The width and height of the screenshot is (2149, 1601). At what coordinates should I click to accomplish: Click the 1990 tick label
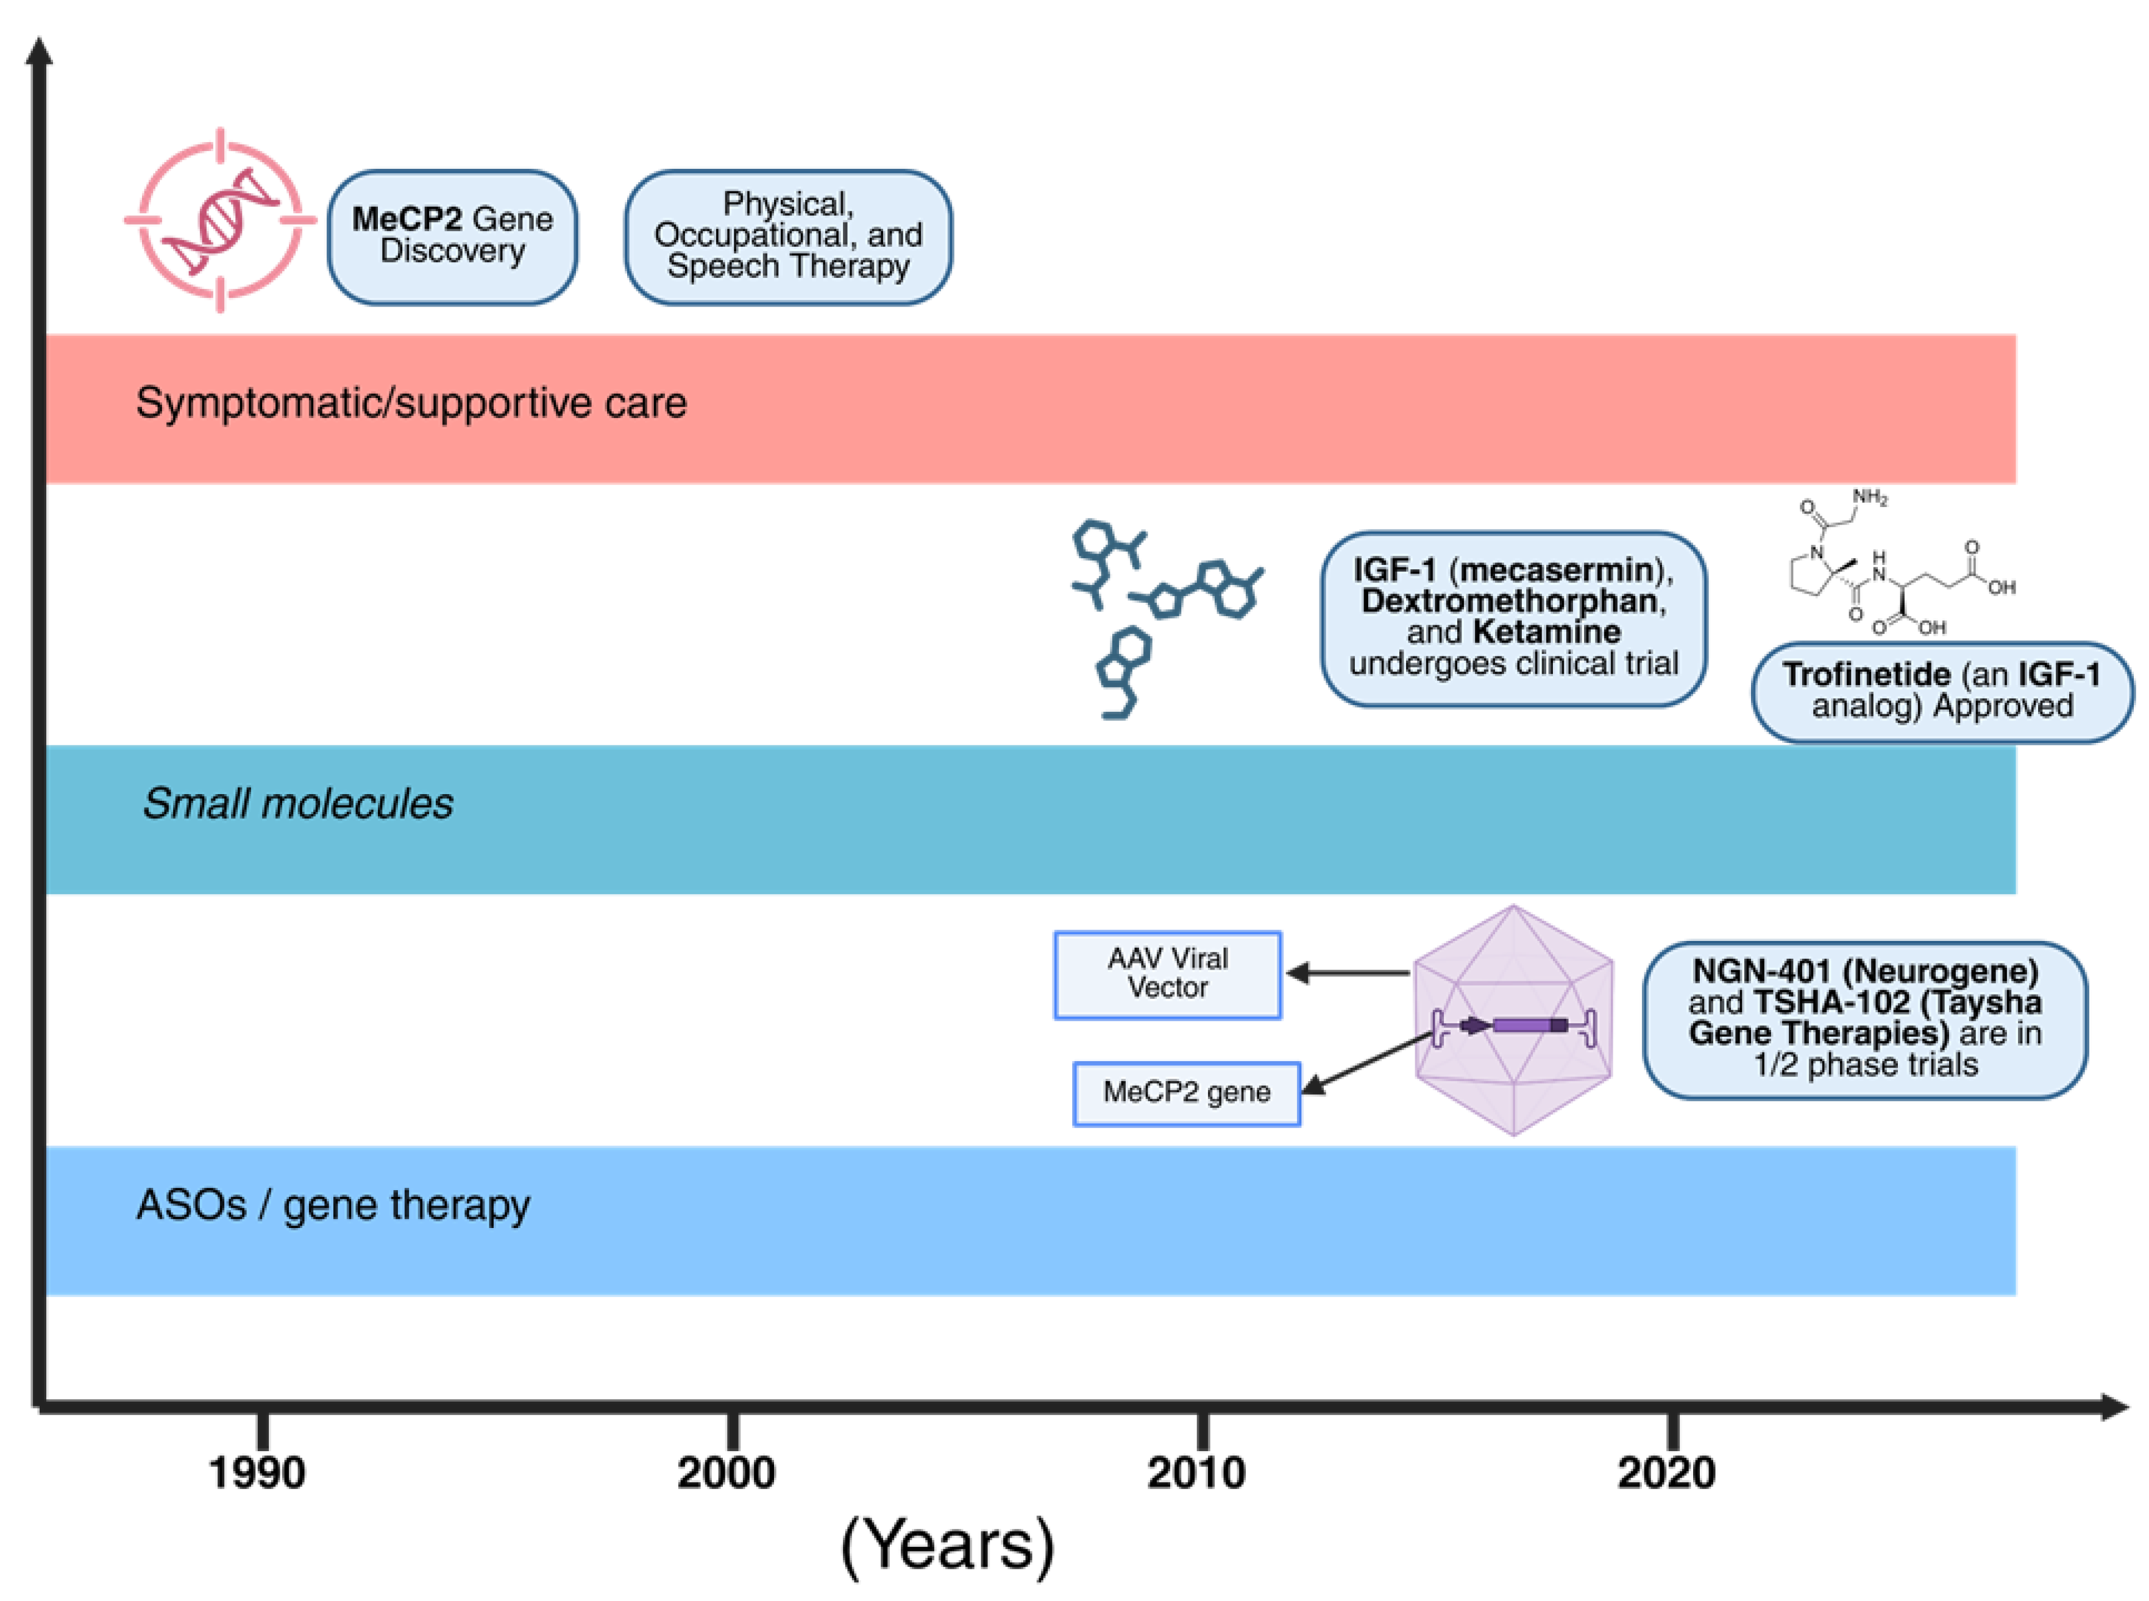point(257,1473)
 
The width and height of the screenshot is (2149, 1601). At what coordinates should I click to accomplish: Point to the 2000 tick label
point(726,1473)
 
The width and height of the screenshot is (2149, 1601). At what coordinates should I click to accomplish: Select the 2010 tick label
point(1196,1473)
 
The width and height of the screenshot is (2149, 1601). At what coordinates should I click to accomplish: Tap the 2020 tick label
point(1666,1473)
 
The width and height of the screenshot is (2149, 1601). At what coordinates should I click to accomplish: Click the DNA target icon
point(220,220)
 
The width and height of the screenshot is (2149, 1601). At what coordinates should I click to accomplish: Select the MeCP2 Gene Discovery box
point(452,236)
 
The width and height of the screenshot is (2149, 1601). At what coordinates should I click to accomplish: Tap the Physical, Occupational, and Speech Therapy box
point(787,236)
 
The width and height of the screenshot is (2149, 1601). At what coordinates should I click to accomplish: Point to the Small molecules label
point(297,803)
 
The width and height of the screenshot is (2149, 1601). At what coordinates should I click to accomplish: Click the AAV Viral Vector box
point(1168,974)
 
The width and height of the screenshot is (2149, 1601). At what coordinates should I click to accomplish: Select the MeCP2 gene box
point(1186,1093)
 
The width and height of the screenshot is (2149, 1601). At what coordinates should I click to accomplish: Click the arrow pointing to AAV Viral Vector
point(1347,972)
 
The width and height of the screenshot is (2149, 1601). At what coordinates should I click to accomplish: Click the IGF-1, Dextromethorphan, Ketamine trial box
point(1513,617)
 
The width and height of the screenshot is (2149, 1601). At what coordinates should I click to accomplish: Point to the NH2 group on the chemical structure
point(1869,497)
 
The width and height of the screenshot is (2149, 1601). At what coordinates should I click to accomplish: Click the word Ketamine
point(1546,632)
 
